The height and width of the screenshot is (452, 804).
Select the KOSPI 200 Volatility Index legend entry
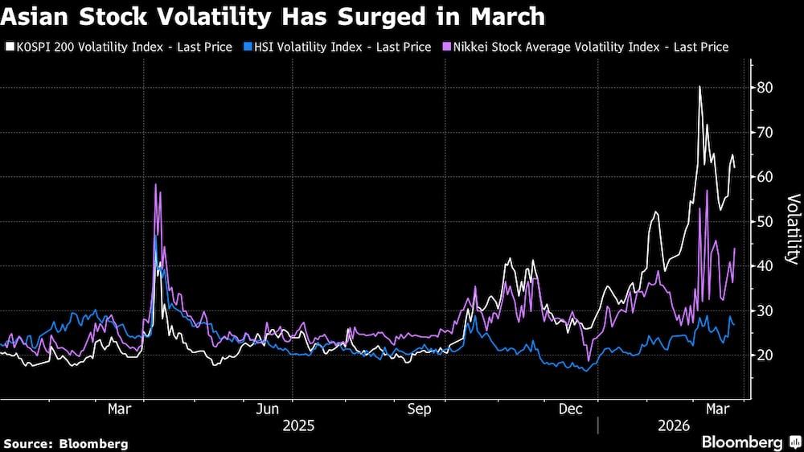tap(119, 47)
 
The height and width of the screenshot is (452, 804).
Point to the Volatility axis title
tap(793, 229)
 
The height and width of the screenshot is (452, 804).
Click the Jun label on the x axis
tap(268, 409)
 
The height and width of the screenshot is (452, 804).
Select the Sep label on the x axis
tap(419, 409)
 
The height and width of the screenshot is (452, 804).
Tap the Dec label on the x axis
tap(570, 409)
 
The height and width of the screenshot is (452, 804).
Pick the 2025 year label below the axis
tap(298, 425)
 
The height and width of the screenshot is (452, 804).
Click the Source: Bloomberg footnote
tap(66, 443)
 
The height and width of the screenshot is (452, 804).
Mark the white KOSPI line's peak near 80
tap(699, 86)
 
